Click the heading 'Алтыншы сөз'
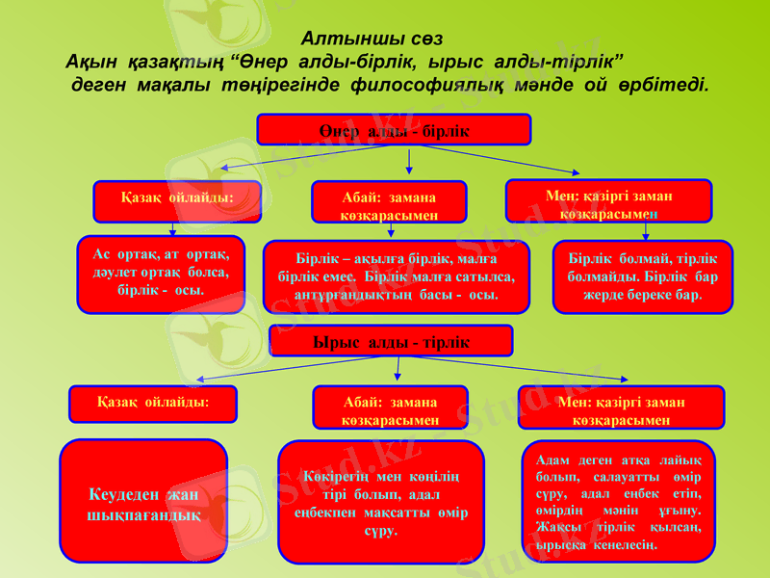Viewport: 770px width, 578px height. pos(372,39)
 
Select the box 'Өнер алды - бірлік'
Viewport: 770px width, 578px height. pos(394,130)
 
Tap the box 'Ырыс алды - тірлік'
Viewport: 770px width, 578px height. pos(391,342)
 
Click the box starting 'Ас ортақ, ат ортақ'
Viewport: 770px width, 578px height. pos(161,274)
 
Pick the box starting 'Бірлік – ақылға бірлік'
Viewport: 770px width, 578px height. pos(396,276)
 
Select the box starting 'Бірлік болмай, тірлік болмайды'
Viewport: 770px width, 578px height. pos(642,276)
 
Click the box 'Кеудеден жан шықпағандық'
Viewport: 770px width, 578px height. pos(143,501)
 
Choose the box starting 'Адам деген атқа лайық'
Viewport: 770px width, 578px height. pos(618,501)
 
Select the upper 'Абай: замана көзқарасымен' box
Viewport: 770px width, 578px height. pos(389,202)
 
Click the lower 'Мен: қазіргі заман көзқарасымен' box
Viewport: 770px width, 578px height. pos(621,408)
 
